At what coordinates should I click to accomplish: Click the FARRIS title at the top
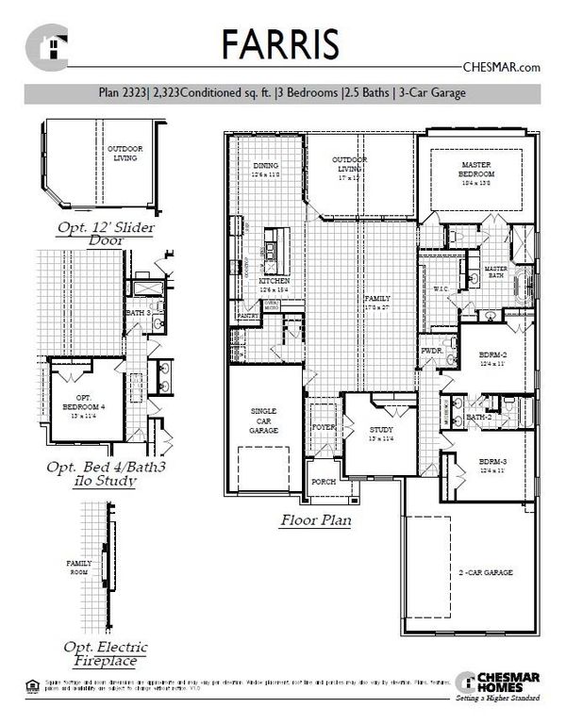click(282, 44)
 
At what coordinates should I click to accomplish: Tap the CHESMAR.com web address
click(501, 67)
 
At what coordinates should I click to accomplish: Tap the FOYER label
click(324, 426)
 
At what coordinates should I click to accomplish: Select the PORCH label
click(324, 482)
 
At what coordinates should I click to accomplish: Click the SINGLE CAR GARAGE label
click(263, 421)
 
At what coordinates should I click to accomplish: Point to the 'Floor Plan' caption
click(316, 519)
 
